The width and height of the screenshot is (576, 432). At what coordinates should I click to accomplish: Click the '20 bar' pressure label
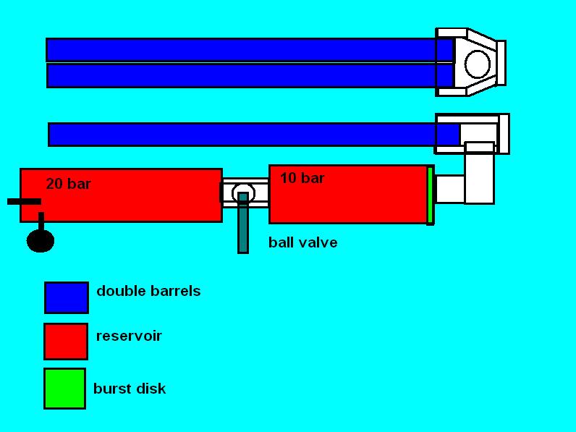(x=68, y=184)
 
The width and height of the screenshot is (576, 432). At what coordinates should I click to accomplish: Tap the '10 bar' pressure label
(x=302, y=178)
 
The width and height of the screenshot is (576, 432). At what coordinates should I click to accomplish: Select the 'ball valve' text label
(x=302, y=242)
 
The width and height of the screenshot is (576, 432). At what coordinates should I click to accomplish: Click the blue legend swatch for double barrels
(x=67, y=297)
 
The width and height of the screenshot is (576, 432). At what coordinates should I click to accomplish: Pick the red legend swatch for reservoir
(x=66, y=342)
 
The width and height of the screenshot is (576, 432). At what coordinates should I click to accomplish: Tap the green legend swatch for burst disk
(x=64, y=389)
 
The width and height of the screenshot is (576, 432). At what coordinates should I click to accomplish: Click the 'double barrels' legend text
(x=148, y=291)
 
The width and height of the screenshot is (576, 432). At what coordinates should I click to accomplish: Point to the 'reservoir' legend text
(x=129, y=336)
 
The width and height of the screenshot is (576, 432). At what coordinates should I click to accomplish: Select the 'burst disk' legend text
(x=130, y=389)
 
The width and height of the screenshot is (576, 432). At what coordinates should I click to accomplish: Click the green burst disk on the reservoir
(x=430, y=195)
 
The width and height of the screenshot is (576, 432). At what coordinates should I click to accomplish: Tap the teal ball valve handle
(x=243, y=224)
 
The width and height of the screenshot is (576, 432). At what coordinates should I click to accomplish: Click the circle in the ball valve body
(x=243, y=193)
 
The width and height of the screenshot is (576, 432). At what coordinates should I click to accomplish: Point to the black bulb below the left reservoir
(x=41, y=240)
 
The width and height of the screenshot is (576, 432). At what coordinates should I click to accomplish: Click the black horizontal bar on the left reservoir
(x=24, y=201)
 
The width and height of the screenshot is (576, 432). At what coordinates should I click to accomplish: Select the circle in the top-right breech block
(x=477, y=64)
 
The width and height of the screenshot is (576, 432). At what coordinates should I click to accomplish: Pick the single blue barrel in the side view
(x=246, y=135)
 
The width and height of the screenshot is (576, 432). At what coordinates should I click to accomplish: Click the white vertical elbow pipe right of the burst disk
(x=479, y=174)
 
